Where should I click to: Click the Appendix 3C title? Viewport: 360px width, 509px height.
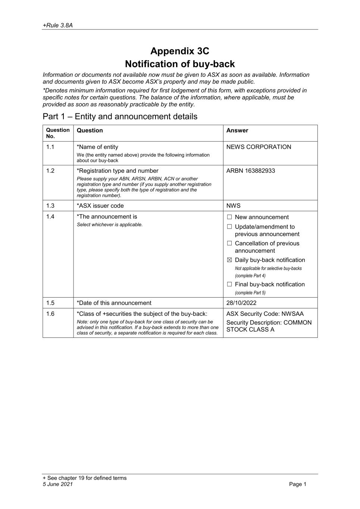180,51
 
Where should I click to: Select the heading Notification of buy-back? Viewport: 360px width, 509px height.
180,64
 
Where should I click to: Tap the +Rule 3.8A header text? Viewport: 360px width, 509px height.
57,25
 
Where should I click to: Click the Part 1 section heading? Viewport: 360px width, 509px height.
120,116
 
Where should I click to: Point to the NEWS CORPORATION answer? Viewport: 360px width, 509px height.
259,147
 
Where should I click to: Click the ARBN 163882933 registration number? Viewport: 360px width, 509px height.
251,171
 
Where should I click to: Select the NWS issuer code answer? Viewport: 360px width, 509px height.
234,206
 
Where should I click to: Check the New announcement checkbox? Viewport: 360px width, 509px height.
229,217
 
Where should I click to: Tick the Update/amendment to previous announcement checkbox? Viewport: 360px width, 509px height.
229,227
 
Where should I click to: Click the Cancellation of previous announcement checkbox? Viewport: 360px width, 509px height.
229,243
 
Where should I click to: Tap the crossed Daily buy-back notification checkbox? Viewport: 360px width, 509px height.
229,260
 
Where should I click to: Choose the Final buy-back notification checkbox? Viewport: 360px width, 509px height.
229,285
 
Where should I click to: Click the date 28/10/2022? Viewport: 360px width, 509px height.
241,303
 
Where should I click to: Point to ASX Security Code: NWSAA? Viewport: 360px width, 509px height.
265,314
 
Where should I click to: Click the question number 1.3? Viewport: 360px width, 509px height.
50,206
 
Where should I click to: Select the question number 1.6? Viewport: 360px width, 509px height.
50,314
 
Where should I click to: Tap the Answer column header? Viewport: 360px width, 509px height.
237,131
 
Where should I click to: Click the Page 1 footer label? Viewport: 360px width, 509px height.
297,484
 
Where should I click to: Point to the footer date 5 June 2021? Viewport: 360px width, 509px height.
58,484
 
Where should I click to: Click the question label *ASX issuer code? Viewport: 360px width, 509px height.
100,206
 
